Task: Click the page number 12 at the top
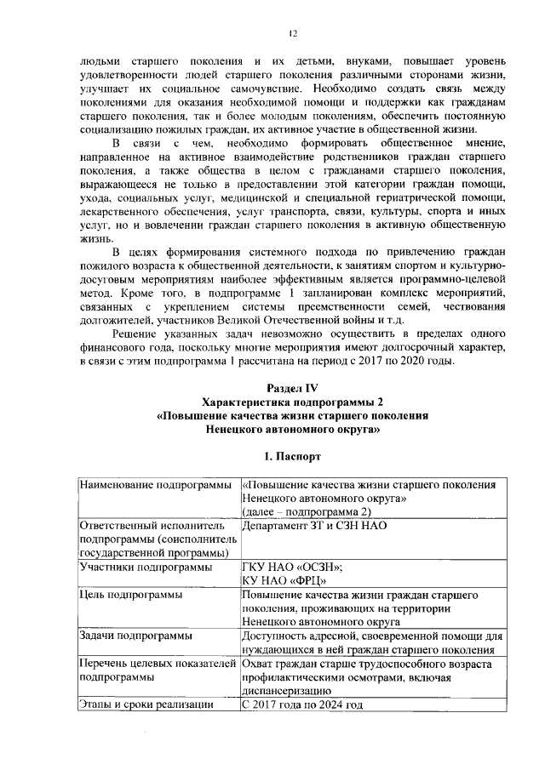(x=292, y=33)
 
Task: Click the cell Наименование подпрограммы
(x=155, y=485)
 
